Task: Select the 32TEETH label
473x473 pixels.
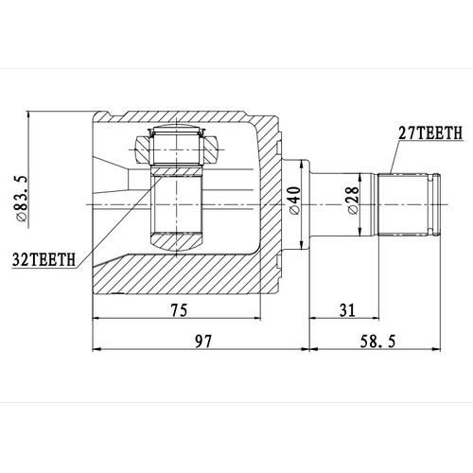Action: [44, 256]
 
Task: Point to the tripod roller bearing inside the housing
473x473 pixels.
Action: [175, 148]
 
